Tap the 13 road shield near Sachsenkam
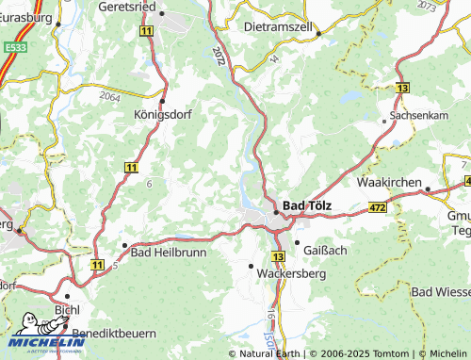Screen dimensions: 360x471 [x=402, y=88]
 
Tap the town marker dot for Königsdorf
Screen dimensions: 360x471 [x=163, y=101]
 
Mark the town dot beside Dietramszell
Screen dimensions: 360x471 [x=318, y=33]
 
